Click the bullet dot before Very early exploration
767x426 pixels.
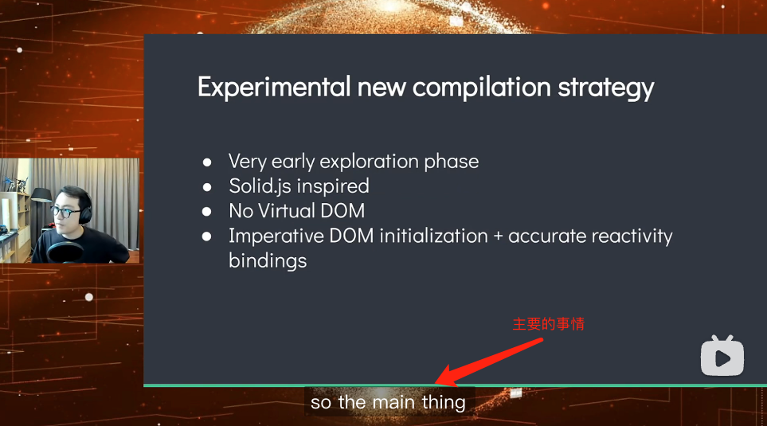tap(208, 162)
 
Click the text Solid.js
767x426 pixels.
tap(259, 186)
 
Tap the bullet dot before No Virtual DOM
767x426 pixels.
tap(208, 211)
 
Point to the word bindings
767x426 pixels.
tap(267, 261)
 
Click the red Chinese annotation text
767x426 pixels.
tap(548, 324)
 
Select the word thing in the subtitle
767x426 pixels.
tap(444, 402)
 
